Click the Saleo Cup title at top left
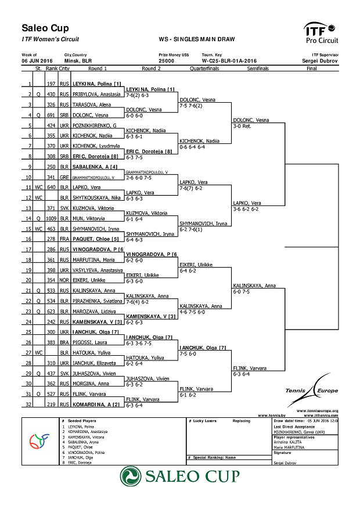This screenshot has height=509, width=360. [x=45, y=28]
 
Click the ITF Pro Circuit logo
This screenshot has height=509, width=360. [x=321, y=33]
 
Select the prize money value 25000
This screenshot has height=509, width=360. [x=166, y=60]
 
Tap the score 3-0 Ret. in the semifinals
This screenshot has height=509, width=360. [x=242, y=126]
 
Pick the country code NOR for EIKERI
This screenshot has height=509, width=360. [x=64, y=280]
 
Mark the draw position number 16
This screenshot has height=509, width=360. [x=28, y=239]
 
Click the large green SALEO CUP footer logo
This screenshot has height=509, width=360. [x=180, y=476]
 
